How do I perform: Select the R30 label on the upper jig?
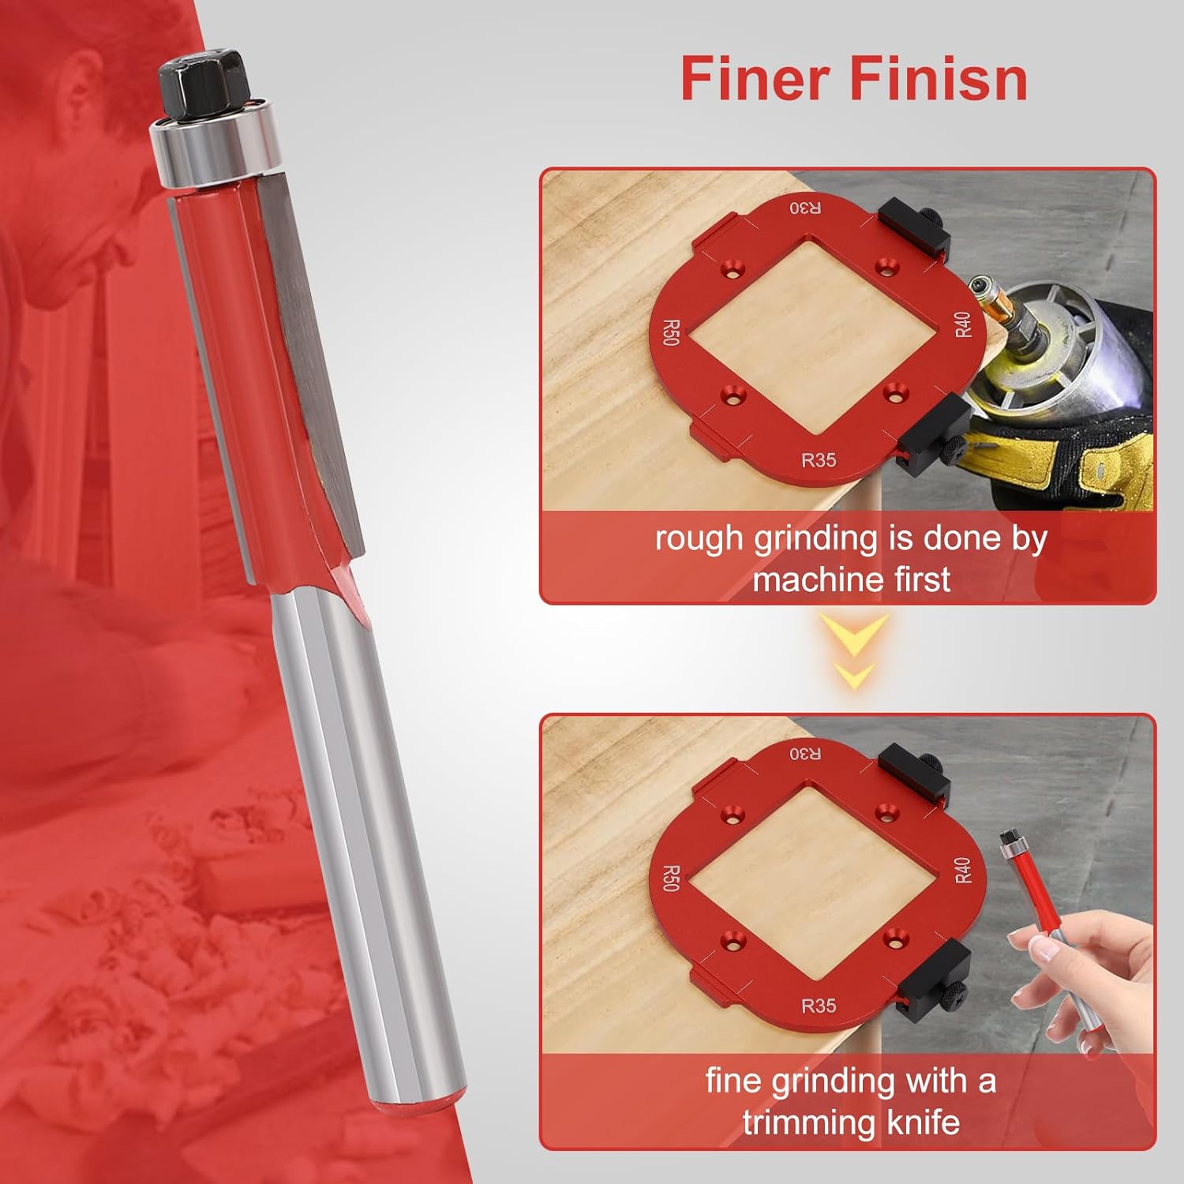tap(805, 208)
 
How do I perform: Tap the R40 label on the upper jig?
tap(963, 324)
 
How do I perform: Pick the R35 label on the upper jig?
tap(819, 459)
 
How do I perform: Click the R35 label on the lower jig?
tap(819, 1006)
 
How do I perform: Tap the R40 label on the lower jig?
tap(963, 870)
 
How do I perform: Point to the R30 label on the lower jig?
tap(805, 754)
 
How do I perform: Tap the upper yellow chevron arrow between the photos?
tap(856, 632)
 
